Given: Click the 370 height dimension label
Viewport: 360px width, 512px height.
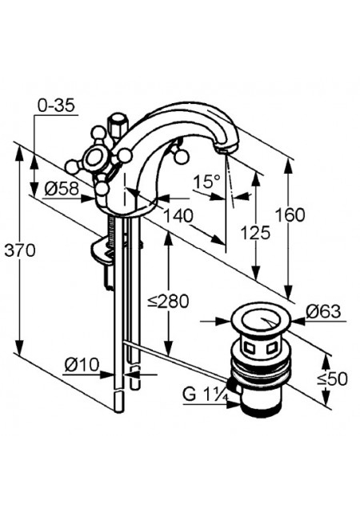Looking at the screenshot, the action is (x=20, y=250).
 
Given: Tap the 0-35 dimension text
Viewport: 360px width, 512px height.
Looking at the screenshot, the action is (x=57, y=106).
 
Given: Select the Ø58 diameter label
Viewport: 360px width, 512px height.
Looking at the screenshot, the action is (x=62, y=189).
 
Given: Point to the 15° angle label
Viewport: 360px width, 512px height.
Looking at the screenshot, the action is (x=206, y=182).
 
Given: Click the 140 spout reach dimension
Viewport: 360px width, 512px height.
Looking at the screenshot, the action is (x=178, y=215).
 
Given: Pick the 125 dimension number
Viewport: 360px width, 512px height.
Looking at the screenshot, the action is (x=256, y=233).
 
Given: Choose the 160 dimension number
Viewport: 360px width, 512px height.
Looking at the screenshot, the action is (x=290, y=215).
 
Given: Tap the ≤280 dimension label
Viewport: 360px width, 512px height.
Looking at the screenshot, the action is (x=168, y=301).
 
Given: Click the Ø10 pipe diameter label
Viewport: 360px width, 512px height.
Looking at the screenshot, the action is (x=82, y=365).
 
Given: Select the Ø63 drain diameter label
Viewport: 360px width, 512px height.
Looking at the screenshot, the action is (x=323, y=311).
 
